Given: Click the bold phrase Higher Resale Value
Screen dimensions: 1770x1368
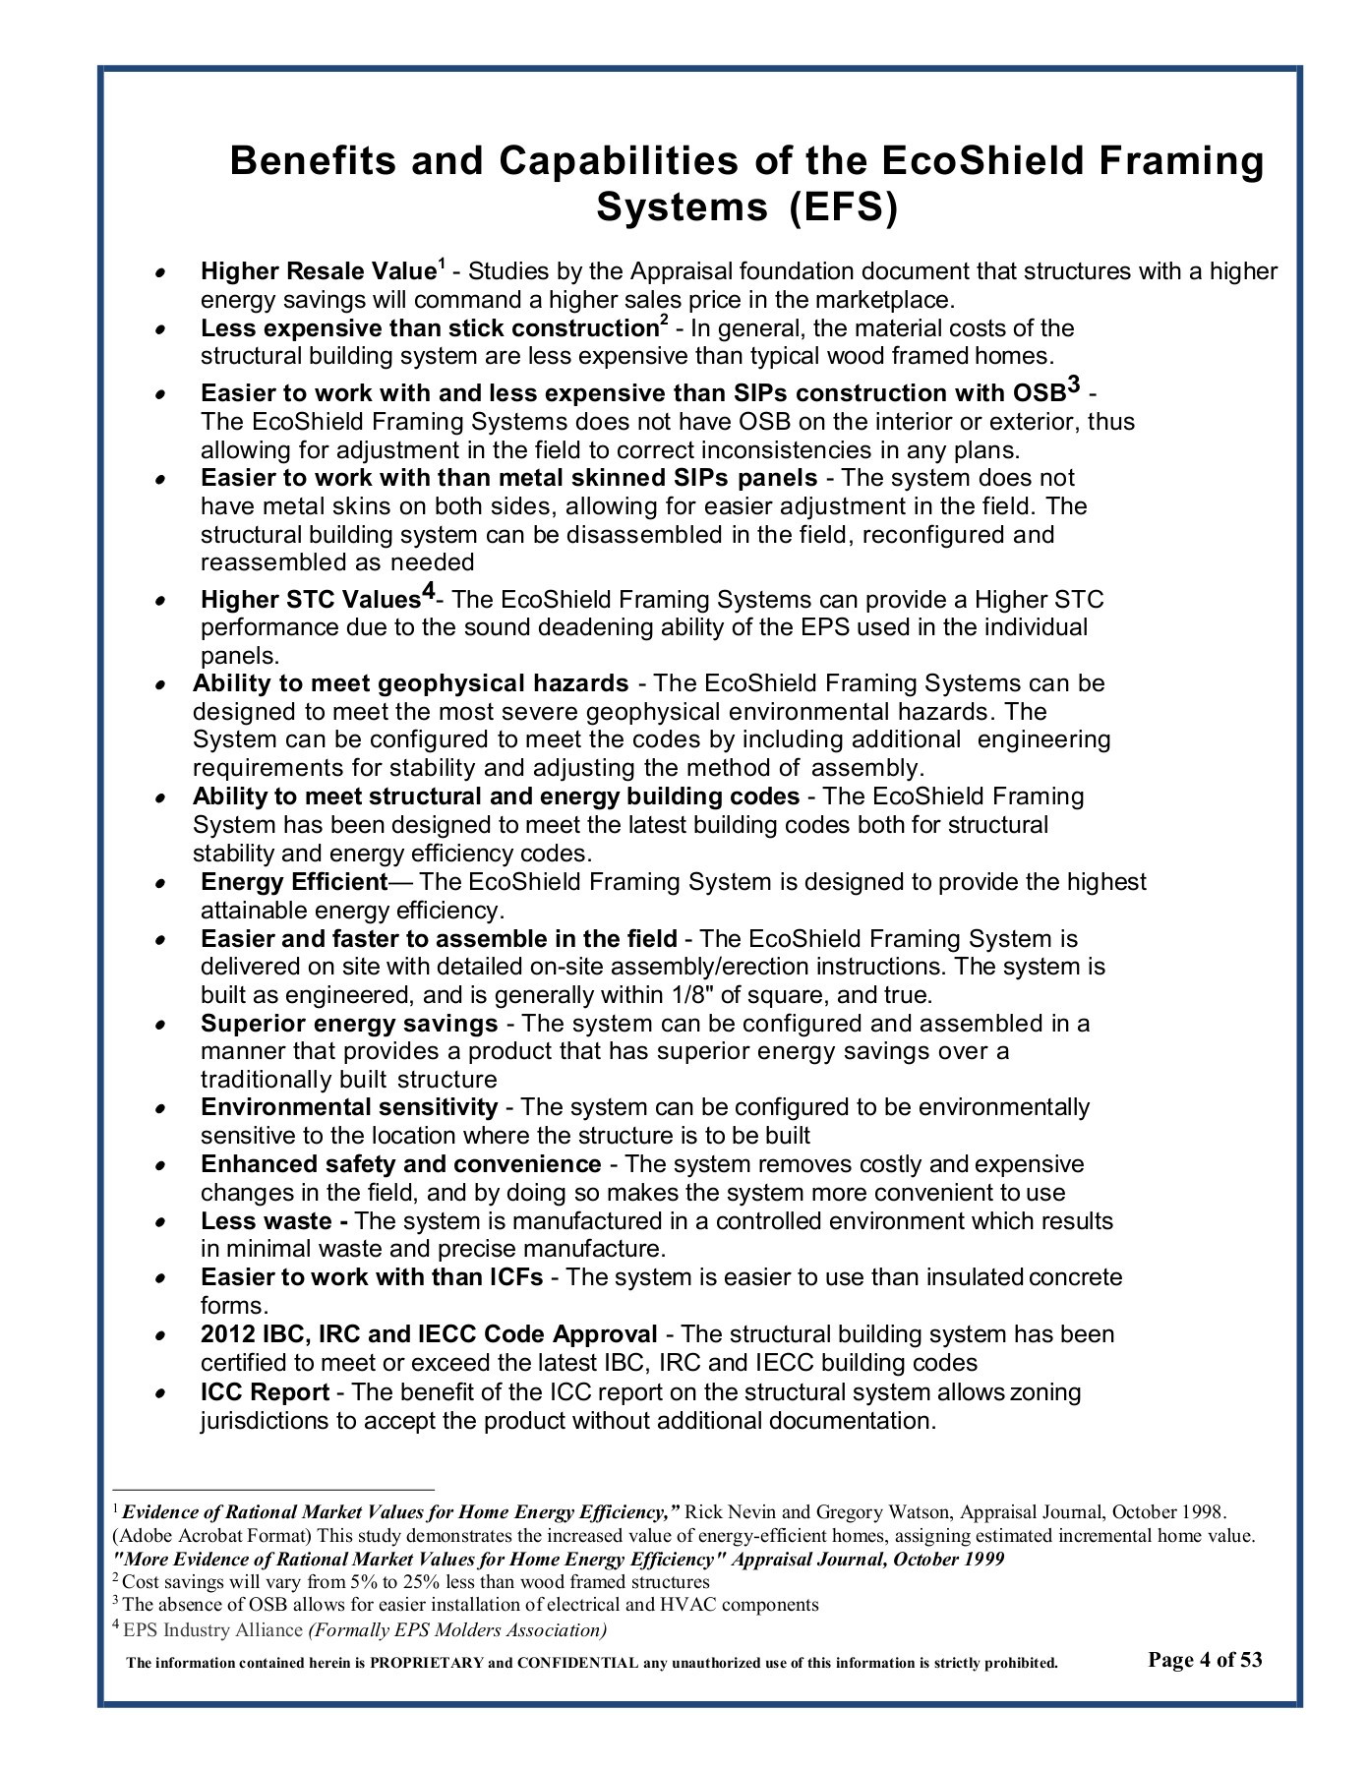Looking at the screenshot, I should coord(318,271).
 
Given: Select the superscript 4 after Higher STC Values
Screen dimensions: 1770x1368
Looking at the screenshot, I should coord(428,592).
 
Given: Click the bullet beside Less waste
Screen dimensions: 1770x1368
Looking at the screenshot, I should coord(158,1222).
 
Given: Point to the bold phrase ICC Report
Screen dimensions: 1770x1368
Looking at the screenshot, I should coord(265,1392).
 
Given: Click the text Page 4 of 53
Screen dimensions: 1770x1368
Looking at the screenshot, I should coord(1205,1660).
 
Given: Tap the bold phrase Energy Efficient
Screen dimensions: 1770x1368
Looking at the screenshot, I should coord(294,882).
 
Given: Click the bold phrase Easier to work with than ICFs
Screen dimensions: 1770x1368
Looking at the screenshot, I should coord(372,1277).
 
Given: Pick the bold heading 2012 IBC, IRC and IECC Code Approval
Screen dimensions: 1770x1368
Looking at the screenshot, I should coord(429,1334).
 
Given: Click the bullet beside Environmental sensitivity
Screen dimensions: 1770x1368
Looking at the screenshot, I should coord(158,1108).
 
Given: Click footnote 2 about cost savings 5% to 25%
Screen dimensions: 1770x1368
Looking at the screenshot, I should coord(413,1582).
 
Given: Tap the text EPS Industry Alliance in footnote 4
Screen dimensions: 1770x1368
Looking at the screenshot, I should coord(212,1629).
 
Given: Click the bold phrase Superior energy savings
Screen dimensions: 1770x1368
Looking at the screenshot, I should coord(349,1024).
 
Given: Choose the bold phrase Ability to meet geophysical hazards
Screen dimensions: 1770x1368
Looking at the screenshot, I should coord(410,683).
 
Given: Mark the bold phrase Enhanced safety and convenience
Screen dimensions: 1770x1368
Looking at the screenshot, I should coord(400,1164).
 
